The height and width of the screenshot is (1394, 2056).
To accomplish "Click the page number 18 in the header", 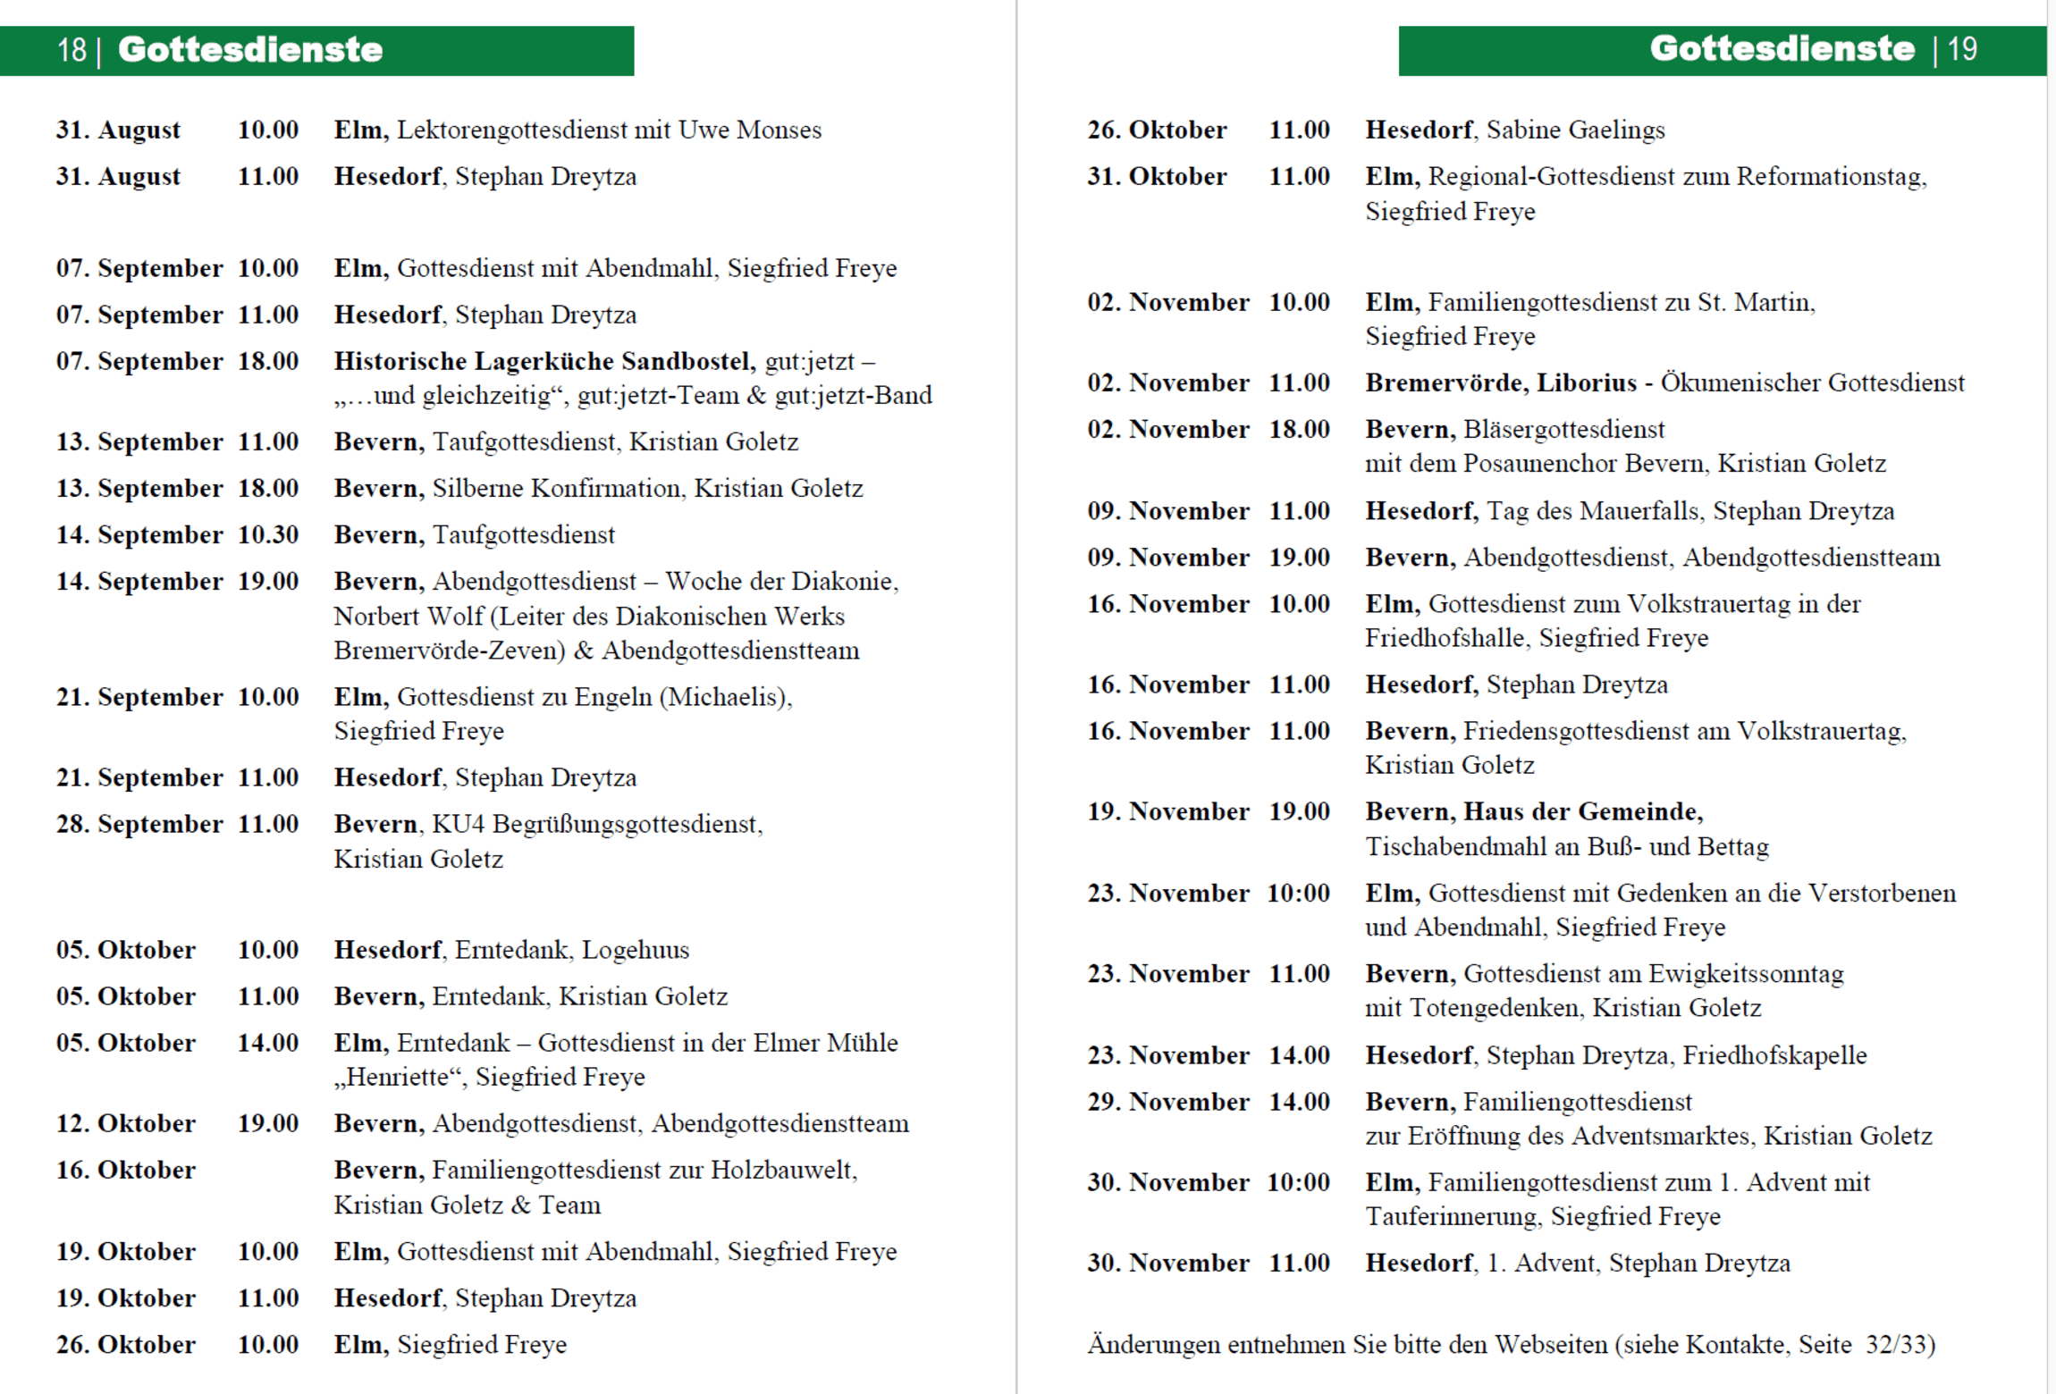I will [72, 50].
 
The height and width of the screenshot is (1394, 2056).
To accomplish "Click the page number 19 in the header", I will [1962, 50].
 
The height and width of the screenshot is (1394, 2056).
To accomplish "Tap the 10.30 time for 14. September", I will [268, 535].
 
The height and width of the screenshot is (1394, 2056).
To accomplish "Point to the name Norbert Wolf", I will [408, 617].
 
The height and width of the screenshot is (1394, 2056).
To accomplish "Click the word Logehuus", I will [636, 950].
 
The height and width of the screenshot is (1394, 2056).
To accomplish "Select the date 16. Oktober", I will [126, 1171].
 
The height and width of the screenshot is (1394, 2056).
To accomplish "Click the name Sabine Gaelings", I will [1575, 130].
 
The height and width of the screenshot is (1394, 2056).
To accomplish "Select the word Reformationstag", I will [1829, 177].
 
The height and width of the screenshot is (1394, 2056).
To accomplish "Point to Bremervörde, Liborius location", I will [1500, 383].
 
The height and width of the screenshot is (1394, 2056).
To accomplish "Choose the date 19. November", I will [1167, 812].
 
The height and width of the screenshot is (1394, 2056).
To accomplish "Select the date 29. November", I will [1167, 1103].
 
